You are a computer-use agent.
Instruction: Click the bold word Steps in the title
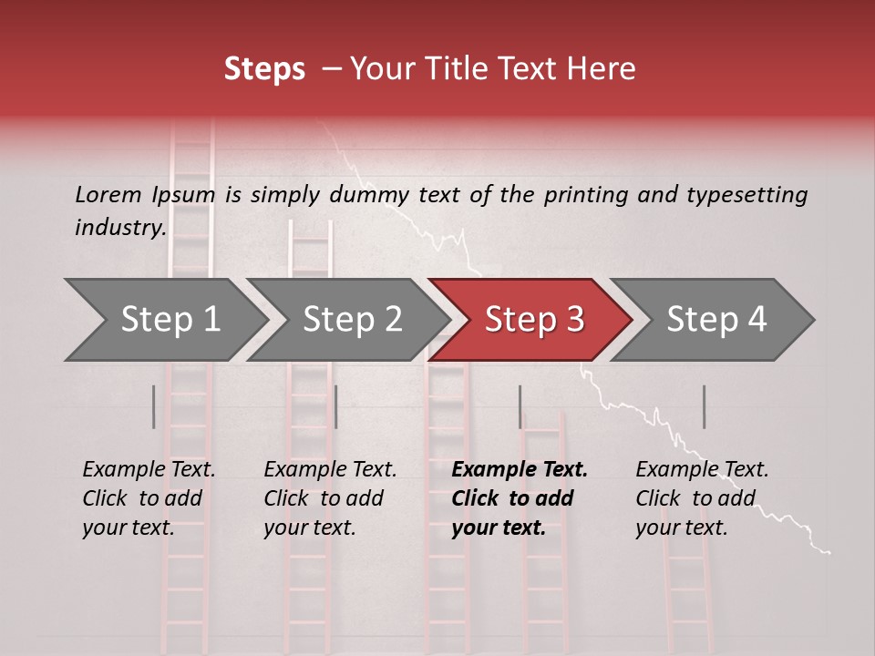coord(264,69)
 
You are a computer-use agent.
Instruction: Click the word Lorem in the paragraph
coord(107,194)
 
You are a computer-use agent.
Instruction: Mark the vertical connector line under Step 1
coord(153,406)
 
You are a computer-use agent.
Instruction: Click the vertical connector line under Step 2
coord(335,406)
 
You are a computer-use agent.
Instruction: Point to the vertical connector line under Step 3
coord(520,406)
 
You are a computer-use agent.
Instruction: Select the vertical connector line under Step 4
coord(704,406)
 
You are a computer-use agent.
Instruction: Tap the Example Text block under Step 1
coord(149,498)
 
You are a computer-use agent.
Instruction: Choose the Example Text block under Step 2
coord(330,498)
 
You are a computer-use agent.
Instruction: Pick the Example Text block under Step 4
coord(702,498)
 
